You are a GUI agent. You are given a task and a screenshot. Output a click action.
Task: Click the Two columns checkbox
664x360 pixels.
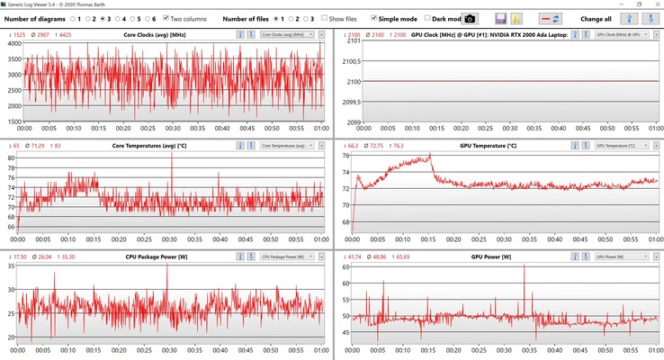(x=167, y=18)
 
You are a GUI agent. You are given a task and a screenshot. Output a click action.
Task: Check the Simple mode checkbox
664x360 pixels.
(x=374, y=18)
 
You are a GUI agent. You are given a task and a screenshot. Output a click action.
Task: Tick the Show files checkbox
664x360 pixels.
(x=324, y=18)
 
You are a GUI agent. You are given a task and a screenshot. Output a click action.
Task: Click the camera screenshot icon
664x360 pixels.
(x=469, y=18)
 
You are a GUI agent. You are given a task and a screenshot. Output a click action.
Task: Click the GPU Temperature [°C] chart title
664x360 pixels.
(x=489, y=145)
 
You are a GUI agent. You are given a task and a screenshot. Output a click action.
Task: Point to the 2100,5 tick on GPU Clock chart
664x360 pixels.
(x=347, y=61)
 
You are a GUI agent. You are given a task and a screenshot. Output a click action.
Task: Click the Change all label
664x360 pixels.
(x=596, y=18)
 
